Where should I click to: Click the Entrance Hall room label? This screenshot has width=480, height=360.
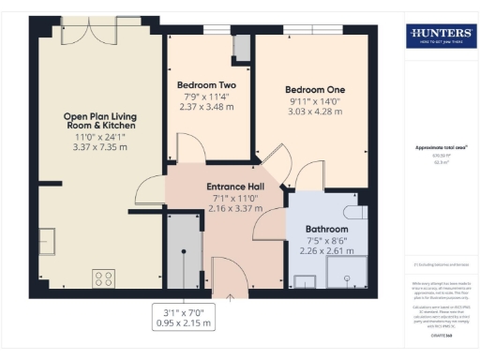pyautogui.click(x=234, y=187)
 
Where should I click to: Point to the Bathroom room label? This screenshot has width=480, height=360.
pyautogui.click(x=326, y=229)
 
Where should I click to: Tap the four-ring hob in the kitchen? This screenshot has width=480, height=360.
pyautogui.click(x=102, y=277)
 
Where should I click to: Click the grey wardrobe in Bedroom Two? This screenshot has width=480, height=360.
pyautogui.click(x=241, y=48)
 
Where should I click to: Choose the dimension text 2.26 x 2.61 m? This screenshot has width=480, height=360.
pyautogui.click(x=326, y=250)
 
